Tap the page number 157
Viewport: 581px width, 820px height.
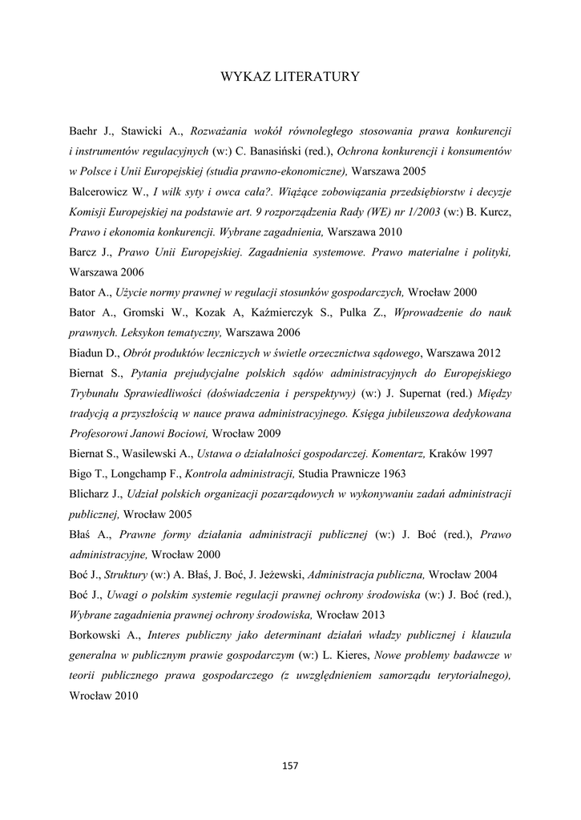point(290,766)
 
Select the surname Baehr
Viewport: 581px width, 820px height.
point(83,130)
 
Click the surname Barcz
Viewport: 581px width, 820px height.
point(83,252)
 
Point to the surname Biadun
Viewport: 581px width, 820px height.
point(87,353)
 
